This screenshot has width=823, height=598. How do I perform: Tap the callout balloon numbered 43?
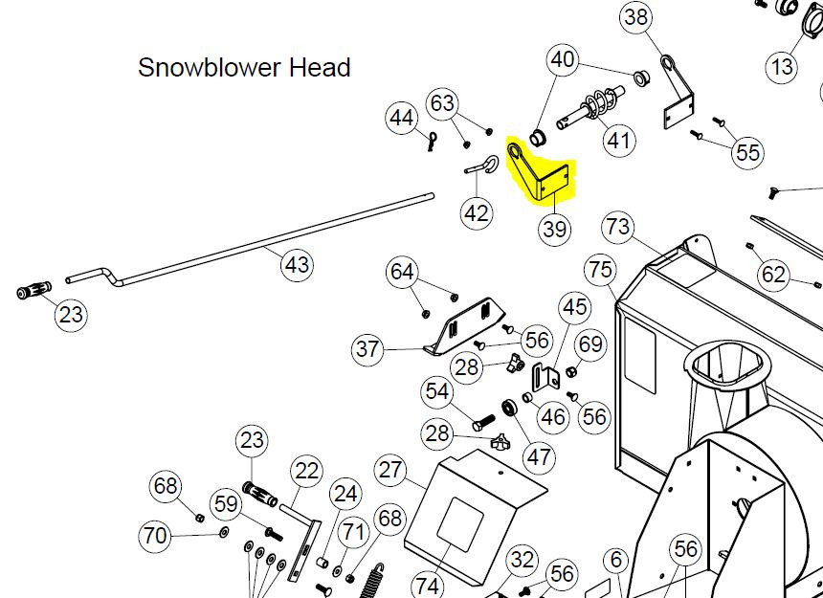point(297,265)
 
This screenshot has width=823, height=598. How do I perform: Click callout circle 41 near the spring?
point(619,141)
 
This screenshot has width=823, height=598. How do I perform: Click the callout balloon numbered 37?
point(367,348)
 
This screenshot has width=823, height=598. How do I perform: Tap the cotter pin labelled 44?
point(432,141)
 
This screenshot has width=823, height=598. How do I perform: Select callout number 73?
point(618,227)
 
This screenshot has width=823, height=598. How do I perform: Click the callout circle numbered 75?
point(601,270)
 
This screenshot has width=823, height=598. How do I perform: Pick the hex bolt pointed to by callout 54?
point(484,422)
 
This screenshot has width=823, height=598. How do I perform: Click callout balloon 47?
point(540,457)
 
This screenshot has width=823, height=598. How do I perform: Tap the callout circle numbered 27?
point(390,471)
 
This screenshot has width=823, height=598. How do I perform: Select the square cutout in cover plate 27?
point(460,524)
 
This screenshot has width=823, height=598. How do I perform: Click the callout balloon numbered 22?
point(306,471)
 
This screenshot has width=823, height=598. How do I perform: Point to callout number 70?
point(155,536)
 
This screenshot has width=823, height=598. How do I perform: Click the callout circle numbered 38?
point(636,18)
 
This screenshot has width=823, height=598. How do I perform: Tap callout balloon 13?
point(782,67)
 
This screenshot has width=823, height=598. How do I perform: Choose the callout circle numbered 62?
point(773,275)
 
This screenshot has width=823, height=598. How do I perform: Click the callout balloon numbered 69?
point(591,344)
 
